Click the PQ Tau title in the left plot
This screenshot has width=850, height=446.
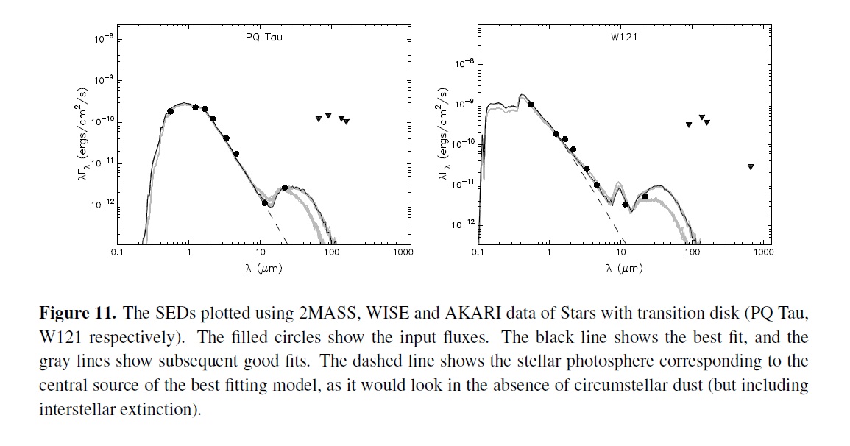click(263, 38)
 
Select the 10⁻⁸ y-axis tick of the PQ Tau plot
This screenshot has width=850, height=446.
click(102, 39)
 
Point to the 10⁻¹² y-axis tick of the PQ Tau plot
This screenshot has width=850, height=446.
click(100, 205)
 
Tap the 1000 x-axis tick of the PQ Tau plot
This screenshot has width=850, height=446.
click(403, 252)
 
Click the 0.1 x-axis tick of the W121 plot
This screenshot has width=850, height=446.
click(478, 252)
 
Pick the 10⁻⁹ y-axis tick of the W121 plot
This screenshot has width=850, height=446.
click(463, 105)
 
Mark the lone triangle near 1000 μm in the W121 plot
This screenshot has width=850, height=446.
click(750, 167)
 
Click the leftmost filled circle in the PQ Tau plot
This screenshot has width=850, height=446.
click(171, 111)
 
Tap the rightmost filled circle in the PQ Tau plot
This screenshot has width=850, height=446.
click(285, 188)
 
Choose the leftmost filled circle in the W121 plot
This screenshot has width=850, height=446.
click(531, 105)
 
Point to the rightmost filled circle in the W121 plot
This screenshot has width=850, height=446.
click(645, 197)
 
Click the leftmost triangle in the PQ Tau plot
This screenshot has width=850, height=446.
click(318, 118)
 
